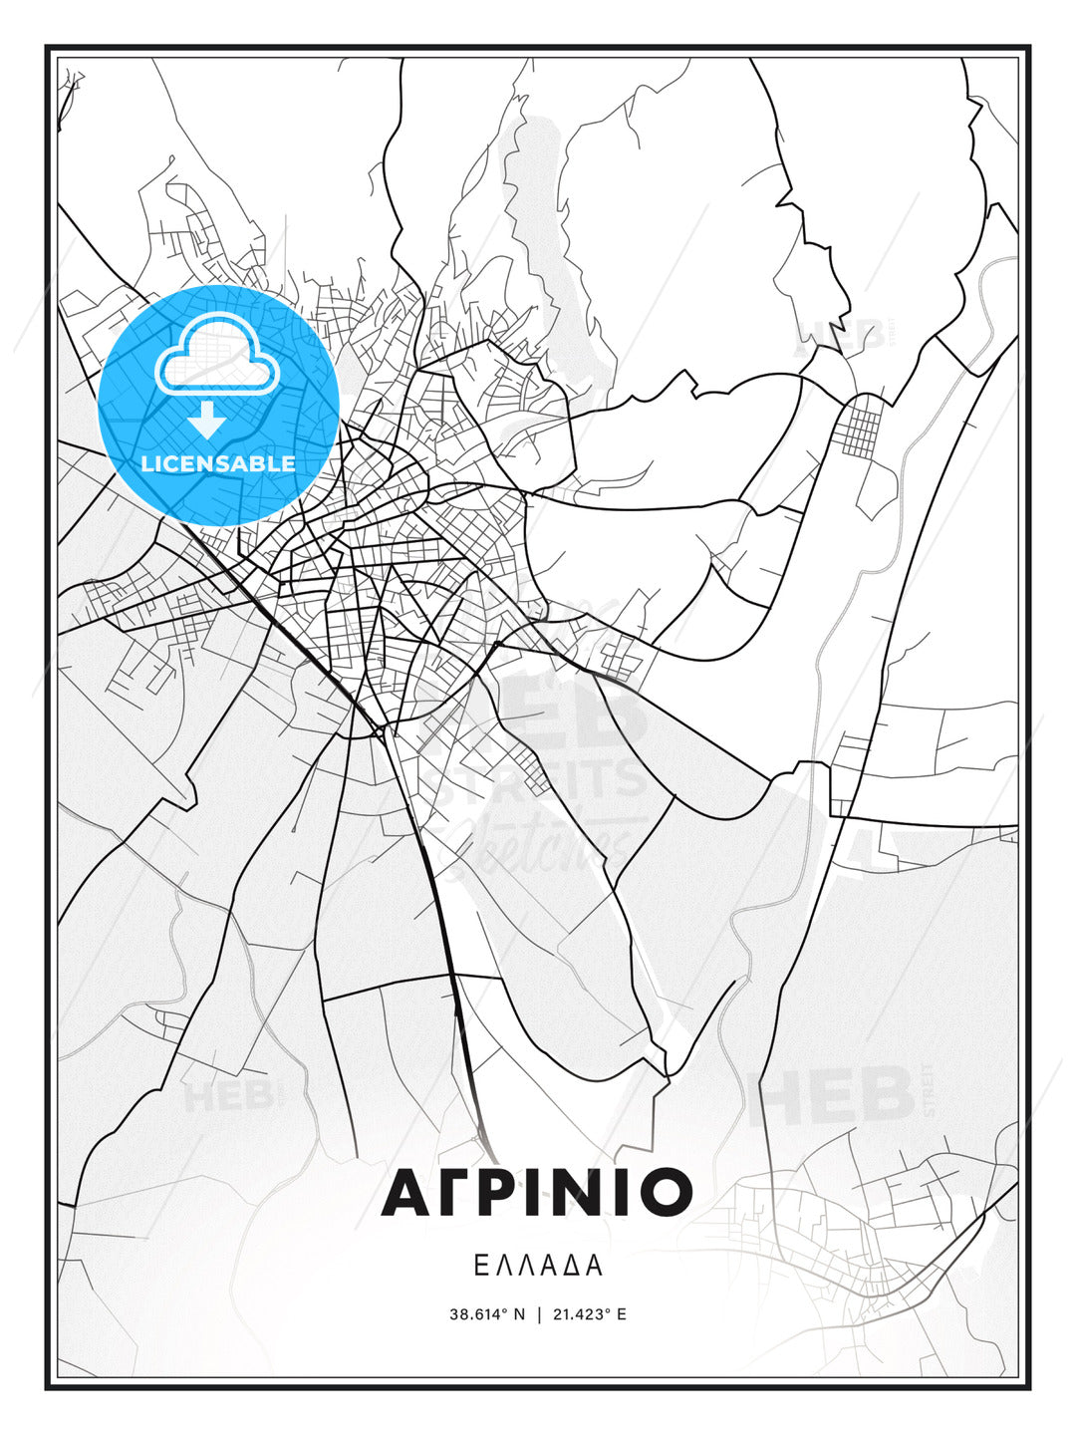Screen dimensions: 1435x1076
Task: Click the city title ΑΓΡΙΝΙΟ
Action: point(537,1192)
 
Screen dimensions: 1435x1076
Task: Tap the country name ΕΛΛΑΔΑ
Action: point(537,1266)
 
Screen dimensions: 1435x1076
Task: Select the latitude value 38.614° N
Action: point(486,1314)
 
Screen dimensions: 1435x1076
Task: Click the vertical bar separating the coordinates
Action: point(539,1314)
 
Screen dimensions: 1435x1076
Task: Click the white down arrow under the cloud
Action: point(206,420)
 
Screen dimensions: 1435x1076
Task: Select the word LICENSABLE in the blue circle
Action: point(218,463)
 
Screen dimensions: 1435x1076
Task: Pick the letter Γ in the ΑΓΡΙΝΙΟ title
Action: point(453,1192)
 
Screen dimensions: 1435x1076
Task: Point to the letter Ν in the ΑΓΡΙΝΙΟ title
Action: point(590,1192)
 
